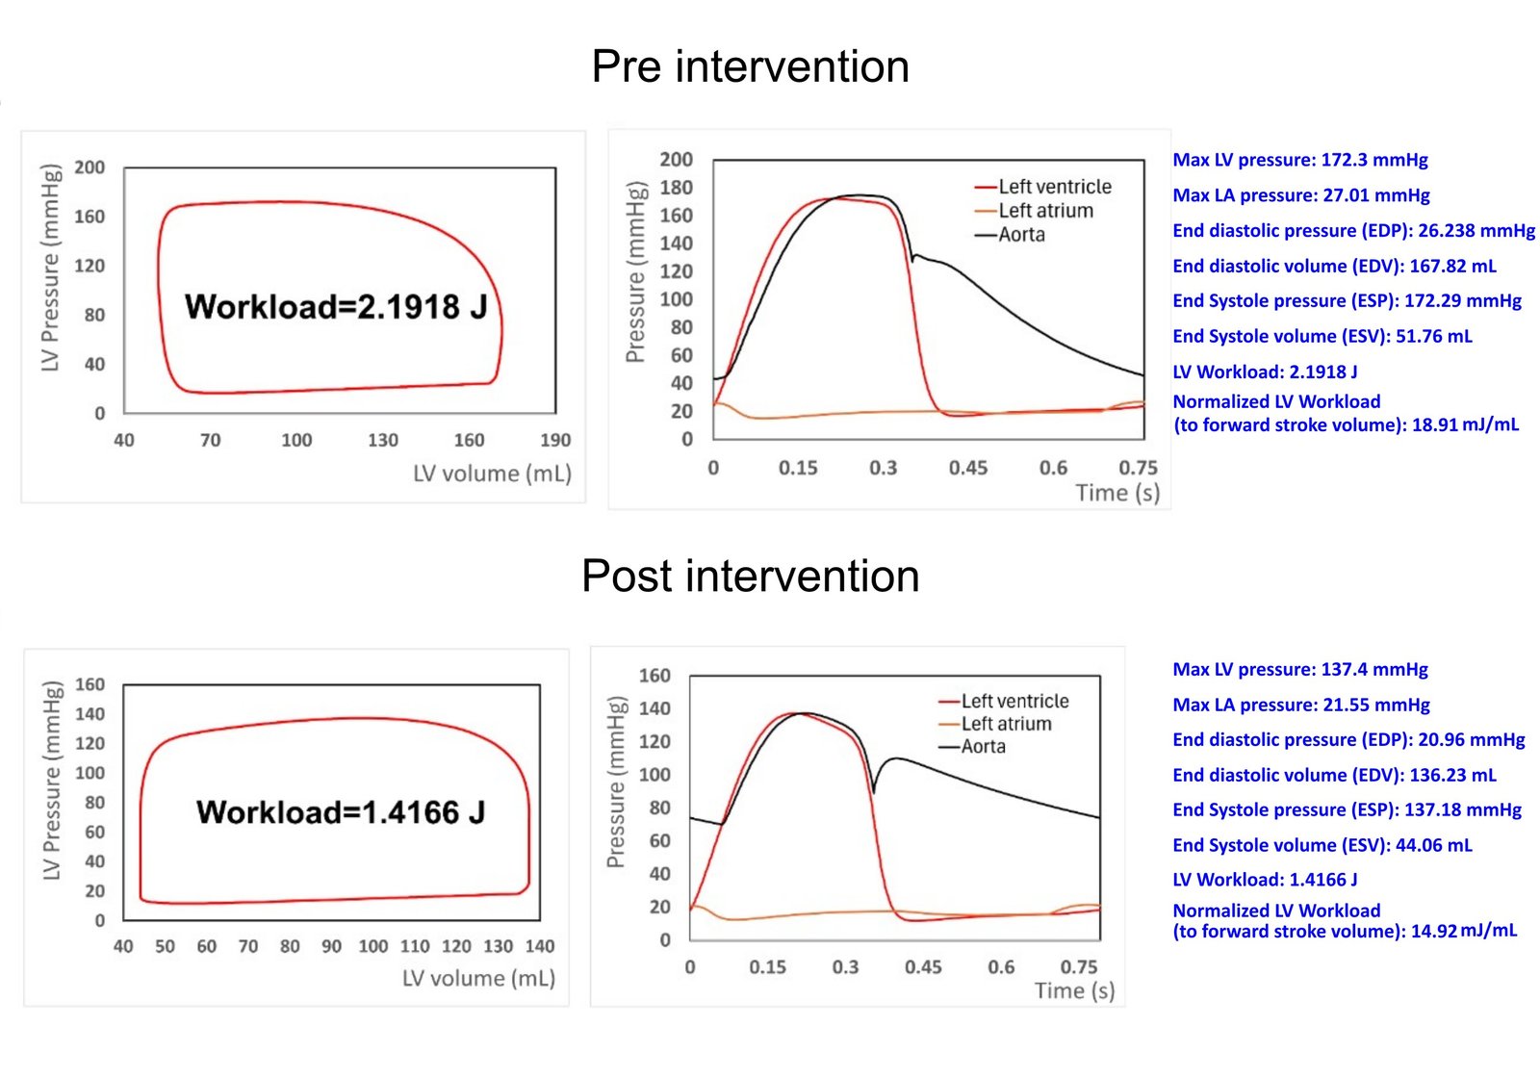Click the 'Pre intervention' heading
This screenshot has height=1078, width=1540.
pos(750,66)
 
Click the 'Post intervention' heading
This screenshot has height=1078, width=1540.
pos(750,576)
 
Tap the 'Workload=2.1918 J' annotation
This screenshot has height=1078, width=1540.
pos(336,306)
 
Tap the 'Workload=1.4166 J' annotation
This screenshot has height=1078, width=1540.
pos(340,812)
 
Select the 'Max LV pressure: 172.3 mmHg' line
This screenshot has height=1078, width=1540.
pos(1299,160)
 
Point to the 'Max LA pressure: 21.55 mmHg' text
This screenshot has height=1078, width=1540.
pos(1300,705)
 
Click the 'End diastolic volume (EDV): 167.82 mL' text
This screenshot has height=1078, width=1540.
pos(1334,266)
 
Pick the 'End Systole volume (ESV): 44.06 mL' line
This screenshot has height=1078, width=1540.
pos(1322,845)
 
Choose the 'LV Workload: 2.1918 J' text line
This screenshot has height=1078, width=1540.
pos(1265,372)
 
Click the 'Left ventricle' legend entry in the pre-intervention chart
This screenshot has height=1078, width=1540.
pos(1054,187)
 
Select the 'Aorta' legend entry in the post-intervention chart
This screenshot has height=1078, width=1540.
pos(983,747)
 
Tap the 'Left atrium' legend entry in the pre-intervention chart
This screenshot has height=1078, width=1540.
pos(1045,211)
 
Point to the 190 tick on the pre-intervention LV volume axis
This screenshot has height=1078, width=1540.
pos(554,440)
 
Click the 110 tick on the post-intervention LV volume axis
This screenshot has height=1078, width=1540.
pos(415,946)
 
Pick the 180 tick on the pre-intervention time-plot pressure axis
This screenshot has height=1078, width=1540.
pos(676,187)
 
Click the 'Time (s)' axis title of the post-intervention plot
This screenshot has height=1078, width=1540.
pos(1074,990)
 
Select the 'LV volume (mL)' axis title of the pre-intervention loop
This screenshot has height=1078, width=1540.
pos(492,474)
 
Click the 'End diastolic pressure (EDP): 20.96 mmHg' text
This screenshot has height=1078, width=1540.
pos(1348,739)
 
